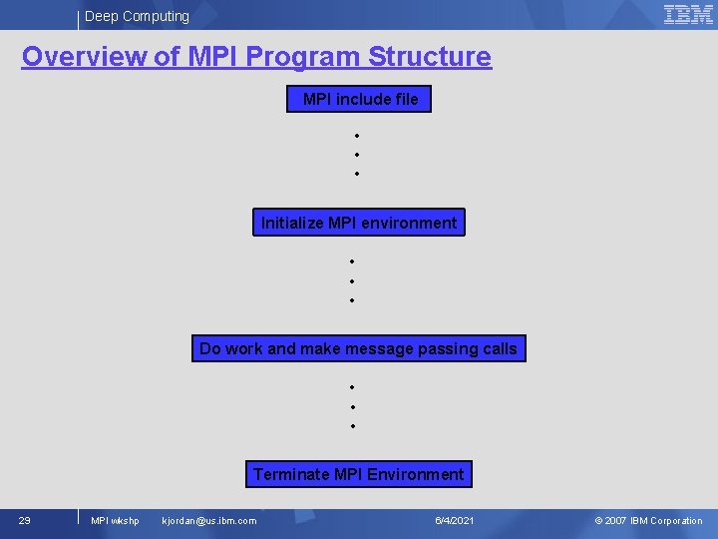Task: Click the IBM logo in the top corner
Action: click(688, 14)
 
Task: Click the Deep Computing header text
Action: click(137, 16)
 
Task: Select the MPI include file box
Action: click(359, 99)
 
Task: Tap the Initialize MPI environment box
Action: click(359, 223)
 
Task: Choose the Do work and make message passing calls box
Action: click(359, 348)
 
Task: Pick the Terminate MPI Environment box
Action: click(359, 474)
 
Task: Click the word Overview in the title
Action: click(85, 57)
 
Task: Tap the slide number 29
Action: click(25, 520)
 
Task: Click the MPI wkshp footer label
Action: click(115, 520)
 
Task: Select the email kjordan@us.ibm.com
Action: click(208, 520)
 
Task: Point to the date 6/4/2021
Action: click(455, 520)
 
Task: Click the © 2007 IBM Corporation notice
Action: click(648, 520)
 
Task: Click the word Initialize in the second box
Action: click(292, 223)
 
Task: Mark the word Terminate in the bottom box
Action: click(288, 474)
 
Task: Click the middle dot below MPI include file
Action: click(356, 155)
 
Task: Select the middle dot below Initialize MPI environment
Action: click(352, 280)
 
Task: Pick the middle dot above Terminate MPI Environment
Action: click(352, 406)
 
